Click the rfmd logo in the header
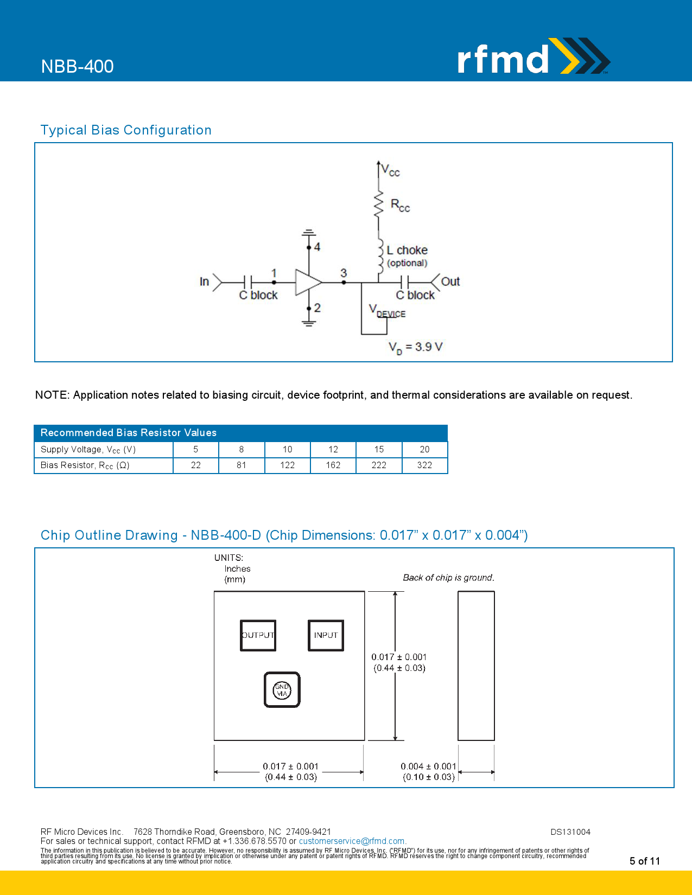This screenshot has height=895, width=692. click(x=532, y=57)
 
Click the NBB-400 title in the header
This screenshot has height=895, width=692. click(x=77, y=66)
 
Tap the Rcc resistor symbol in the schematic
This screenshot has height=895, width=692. click(x=379, y=204)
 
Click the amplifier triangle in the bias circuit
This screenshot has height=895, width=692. click(x=307, y=282)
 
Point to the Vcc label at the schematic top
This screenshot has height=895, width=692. click(x=390, y=170)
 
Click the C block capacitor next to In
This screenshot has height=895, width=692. click(x=248, y=282)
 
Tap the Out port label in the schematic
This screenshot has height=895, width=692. click(x=450, y=282)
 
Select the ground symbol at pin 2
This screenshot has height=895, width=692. click(x=309, y=323)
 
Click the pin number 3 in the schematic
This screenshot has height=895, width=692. click(x=344, y=273)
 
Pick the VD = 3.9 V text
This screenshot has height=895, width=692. click(x=415, y=347)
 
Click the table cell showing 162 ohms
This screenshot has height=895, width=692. click(x=333, y=465)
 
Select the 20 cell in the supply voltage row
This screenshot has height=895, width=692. click(x=424, y=449)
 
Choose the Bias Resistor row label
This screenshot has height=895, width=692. click(x=85, y=465)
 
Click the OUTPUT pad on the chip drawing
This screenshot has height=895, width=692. click(x=258, y=635)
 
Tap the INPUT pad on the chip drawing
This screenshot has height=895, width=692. click(x=326, y=635)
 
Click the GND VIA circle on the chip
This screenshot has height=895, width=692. click(x=282, y=690)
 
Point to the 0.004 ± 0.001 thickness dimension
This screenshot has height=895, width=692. click(x=428, y=766)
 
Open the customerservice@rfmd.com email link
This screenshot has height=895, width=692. click(x=352, y=841)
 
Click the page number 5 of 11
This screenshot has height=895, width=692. click(x=644, y=861)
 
